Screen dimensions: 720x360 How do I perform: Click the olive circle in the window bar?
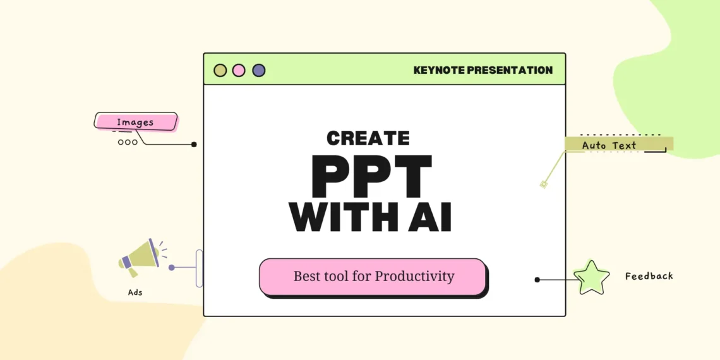(x=220, y=70)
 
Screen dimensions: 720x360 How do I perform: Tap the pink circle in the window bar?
(x=239, y=70)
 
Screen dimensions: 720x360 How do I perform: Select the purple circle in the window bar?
(x=259, y=70)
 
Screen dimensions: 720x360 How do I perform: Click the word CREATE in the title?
(x=368, y=138)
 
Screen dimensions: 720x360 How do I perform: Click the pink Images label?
(x=135, y=122)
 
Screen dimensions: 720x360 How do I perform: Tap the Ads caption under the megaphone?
(x=135, y=292)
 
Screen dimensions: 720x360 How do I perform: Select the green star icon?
(x=592, y=278)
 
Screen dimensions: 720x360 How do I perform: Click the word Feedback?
(x=649, y=276)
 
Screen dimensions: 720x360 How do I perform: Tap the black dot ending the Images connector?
(x=194, y=144)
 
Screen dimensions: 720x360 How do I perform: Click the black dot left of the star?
(x=537, y=280)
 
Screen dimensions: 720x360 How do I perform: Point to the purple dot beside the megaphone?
(x=171, y=267)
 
